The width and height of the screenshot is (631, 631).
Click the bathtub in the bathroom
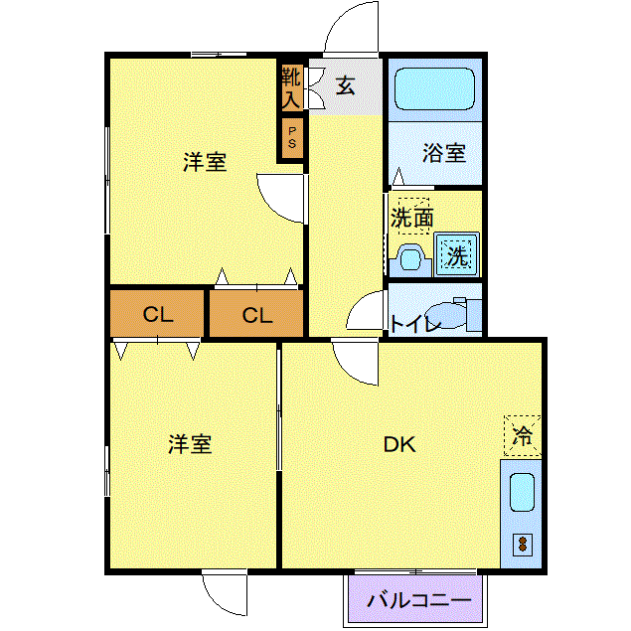point(434,88)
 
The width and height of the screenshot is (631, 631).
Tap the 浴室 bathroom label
point(444,153)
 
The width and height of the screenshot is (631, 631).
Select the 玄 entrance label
point(345,85)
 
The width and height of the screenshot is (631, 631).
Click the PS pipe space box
point(292,138)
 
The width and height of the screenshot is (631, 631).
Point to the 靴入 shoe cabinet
point(291,88)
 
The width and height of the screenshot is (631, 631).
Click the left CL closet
point(157,313)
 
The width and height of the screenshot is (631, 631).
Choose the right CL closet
point(256,313)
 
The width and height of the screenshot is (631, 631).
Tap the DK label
point(399,444)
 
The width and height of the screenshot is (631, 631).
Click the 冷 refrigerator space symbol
point(522,436)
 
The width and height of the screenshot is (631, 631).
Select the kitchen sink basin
point(522,493)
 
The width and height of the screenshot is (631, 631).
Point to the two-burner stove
point(523,545)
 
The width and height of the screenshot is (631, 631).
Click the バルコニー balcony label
point(418,600)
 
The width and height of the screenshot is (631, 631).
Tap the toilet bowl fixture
point(447,315)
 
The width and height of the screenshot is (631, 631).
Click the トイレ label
point(415,324)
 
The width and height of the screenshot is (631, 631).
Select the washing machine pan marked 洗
point(457,254)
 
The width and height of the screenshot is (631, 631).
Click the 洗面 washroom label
point(411,218)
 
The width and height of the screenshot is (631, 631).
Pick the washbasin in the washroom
point(409,260)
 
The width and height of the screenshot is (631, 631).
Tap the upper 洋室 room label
point(205,162)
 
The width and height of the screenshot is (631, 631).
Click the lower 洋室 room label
point(190,444)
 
